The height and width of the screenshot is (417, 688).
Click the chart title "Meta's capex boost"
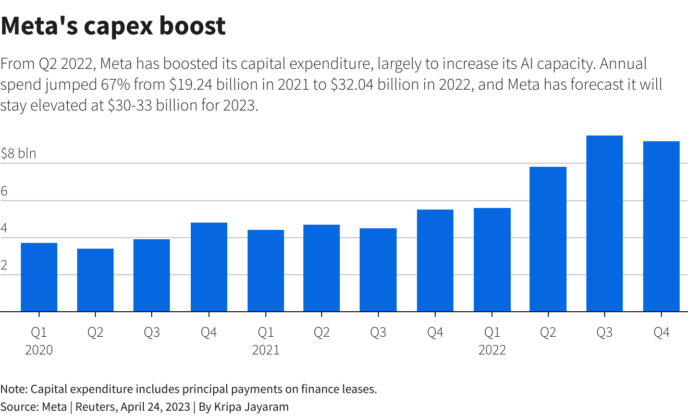pyautogui.click(x=113, y=26)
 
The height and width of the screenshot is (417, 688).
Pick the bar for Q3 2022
pyautogui.click(x=605, y=224)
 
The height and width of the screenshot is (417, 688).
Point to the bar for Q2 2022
pyautogui.click(x=548, y=239)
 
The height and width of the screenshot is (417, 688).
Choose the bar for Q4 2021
pyautogui.click(x=435, y=261)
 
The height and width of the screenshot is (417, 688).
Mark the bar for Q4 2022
pyautogui.click(x=661, y=227)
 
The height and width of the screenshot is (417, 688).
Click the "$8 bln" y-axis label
pyautogui.click(x=18, y=154)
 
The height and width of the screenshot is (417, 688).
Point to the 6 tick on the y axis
pyautogui.click(x=4, y=191)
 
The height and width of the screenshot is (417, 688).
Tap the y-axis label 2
pyautogui.click(x=4, y=265)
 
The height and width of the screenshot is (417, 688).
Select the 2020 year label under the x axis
pyautogui.click(x=39, y=350)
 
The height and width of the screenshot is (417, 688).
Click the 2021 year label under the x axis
pyautogui.click(x=265, y=350)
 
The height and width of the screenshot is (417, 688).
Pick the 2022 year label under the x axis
pyautogui.click(x=492, y=350)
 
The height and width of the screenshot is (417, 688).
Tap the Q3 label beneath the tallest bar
pyautogui.click(x=605, y=333)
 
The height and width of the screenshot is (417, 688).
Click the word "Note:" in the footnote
pyautogui.click(x=14, y=389)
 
